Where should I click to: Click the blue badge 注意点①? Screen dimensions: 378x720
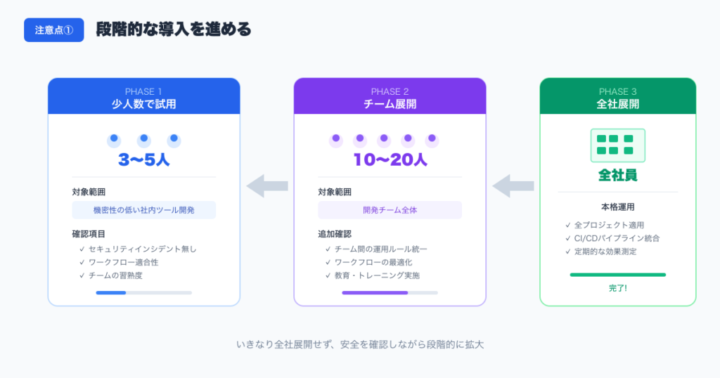[54, 30]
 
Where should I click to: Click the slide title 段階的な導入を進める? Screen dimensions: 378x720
[173, 30]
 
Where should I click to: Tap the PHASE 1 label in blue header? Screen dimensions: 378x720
[143, 91]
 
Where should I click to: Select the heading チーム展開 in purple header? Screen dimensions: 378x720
[390, 104]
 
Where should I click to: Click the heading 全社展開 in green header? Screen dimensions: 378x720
[617, 104]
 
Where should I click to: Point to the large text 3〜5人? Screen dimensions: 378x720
[143, 159]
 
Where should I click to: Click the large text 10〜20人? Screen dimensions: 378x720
[390, 159]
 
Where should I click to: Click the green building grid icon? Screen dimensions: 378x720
[617, 145]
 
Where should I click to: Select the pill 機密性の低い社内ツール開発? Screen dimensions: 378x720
[143, 210]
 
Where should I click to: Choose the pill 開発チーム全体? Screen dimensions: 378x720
[390, 210]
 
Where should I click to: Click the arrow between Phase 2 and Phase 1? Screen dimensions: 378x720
[267, 185]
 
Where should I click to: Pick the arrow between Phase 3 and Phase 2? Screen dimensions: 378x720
[513, 185]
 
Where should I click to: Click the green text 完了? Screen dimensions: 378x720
[617, 289]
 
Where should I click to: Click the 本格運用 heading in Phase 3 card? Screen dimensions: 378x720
[617, 207]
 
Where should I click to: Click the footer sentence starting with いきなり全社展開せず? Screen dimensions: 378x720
[360, 345]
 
